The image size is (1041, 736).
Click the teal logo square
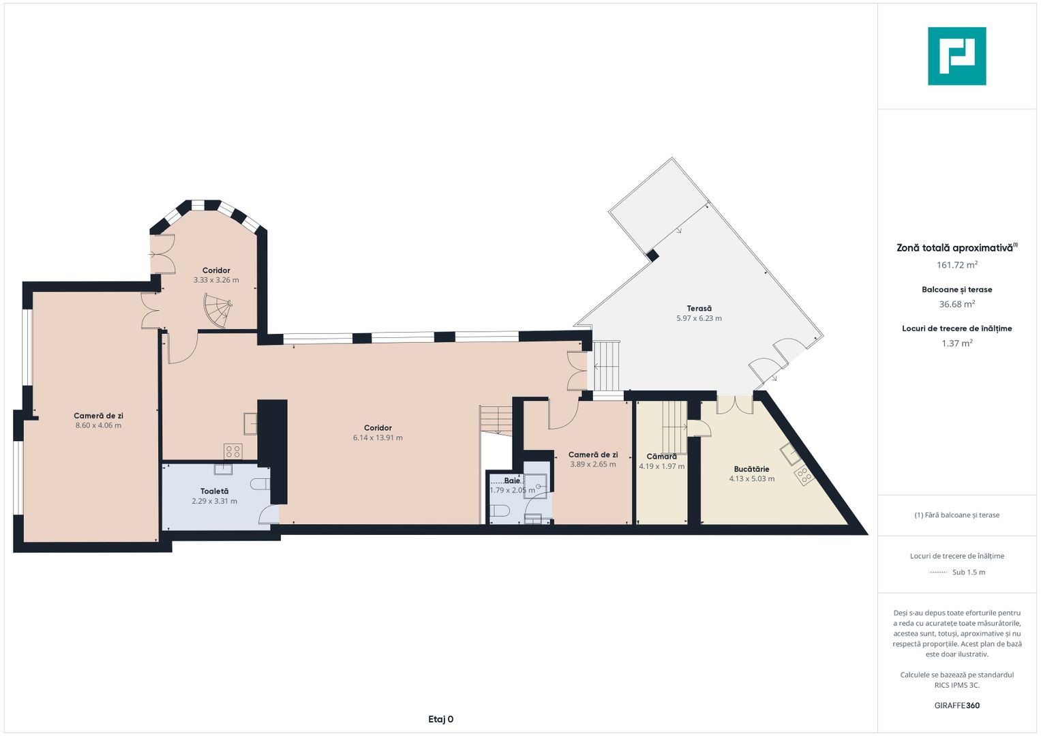(957, 56)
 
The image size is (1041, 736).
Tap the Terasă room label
(699, 309)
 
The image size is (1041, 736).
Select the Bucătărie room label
(751, 470)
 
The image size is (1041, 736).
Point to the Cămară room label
(661, 457)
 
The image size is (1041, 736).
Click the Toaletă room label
(214, 491)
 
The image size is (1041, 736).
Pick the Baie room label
(512, 480)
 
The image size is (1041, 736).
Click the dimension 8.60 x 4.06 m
(99, 426)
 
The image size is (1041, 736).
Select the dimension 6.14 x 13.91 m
(378, 438)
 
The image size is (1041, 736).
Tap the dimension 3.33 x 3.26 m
(216, 280)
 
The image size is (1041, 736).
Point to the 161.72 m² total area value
(957, 265)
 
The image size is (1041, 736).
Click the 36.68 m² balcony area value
(957, 304)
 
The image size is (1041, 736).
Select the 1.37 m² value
(957, 343)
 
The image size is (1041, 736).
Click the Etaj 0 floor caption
(440, 719)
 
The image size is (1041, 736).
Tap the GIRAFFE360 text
(957, 705)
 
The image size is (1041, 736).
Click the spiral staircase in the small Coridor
(218, 310)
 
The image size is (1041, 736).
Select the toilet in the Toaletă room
(260, 484)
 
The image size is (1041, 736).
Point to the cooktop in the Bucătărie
(804, 476)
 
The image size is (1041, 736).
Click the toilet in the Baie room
(500, 511)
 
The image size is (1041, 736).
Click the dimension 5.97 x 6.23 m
(699, 318)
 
